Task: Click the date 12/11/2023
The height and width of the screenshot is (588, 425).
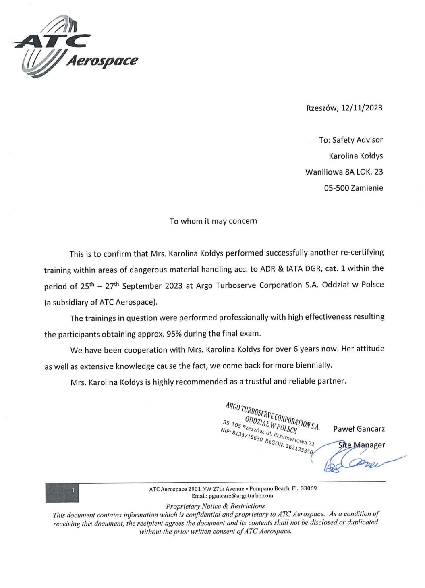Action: (x=361, y=108)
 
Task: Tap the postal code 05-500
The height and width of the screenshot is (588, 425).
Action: (x=336, y=188)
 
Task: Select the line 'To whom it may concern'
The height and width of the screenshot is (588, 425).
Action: (x=213, y=221)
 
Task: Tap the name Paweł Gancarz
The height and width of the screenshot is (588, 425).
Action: (x=359, y=429)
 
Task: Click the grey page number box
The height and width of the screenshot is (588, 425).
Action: (x=62, y=492)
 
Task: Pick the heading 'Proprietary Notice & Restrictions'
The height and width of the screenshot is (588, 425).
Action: (x=216, y=506)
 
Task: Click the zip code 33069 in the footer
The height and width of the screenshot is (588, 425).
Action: (x=309, y=488)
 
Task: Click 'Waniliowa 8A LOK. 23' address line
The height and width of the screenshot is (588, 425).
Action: (x=344, y=172)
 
